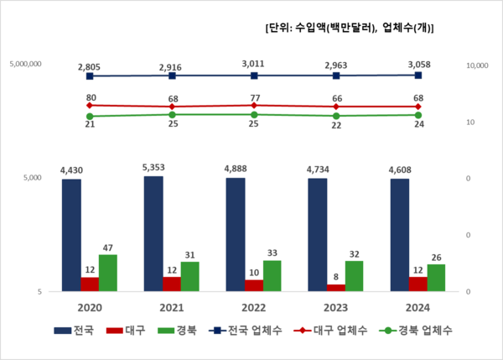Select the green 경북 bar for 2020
(108, 273)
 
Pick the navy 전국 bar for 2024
(400, 235)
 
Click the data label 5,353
(153, 166)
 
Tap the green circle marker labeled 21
(90, 116)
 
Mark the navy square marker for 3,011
(254, 76)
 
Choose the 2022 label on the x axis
(254, 306)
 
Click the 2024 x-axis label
(418, 306)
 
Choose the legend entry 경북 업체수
(415, 331)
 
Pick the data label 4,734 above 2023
(335, 169)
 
